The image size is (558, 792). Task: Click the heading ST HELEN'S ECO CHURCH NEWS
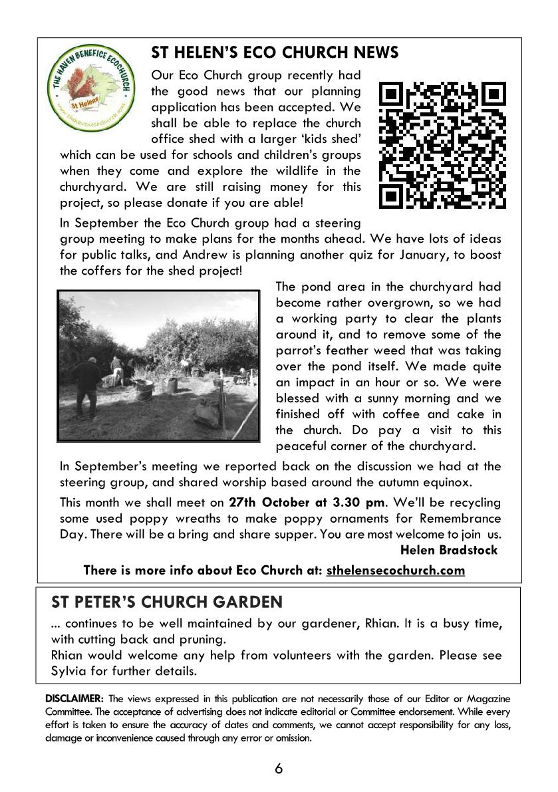pyautogui.click(x=275, y=53)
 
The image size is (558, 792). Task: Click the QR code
pyautogui.click(x=442, y=144)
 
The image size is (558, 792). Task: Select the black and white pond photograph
pyautogui.click(x=158, y=366)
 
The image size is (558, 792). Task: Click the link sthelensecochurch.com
pyautogui.click(x=395, y=570)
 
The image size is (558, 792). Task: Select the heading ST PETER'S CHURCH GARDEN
pyautogui.click(x=167, y=602)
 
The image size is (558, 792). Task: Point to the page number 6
pyautogui.click(x=279, y=769)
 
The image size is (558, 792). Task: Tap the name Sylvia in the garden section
pyautogui.click(x=69, y=671)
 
